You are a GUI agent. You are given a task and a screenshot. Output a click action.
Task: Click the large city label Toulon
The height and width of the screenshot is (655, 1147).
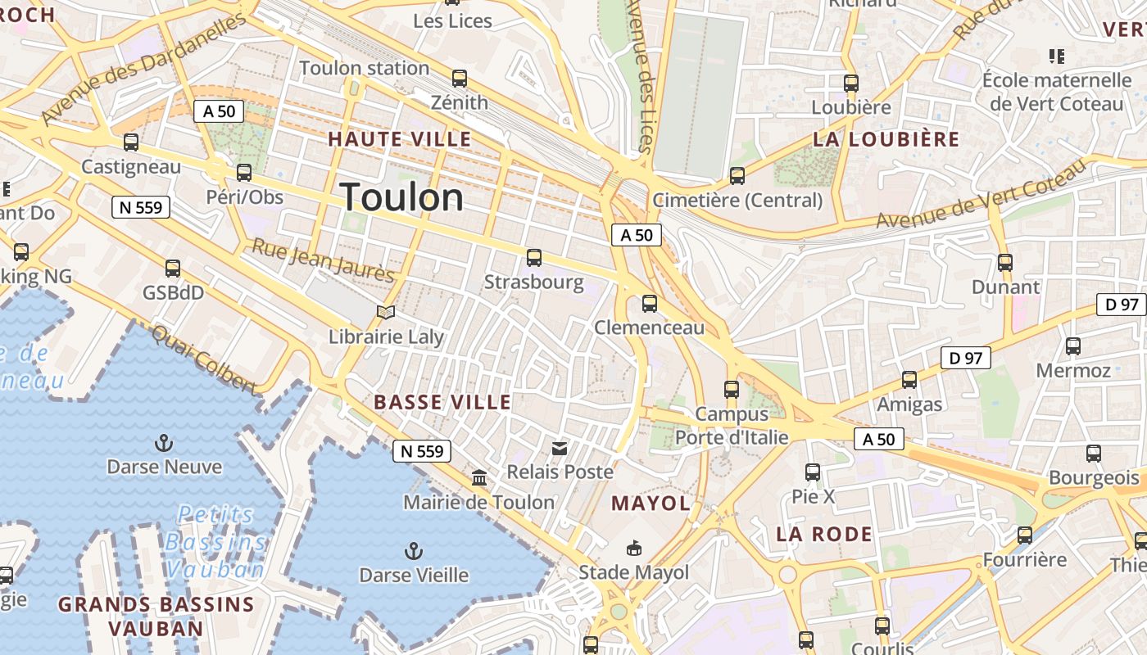click(x=401, y=197)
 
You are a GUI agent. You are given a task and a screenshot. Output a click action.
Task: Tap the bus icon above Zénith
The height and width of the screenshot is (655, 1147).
click(x=460, y=79)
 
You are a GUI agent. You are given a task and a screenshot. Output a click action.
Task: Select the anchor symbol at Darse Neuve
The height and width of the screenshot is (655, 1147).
click(x=165, y=444)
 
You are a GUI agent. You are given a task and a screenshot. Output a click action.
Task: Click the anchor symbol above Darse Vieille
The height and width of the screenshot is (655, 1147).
click(x=414, y=551)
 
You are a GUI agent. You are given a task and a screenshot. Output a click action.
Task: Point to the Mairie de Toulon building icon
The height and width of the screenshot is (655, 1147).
click(x=479, y=477)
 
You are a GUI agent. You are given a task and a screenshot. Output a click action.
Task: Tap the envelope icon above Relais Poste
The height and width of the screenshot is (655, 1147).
click(x=560, y=448)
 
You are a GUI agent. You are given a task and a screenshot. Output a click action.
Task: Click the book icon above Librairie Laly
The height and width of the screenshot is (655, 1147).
click(x=386, y=312)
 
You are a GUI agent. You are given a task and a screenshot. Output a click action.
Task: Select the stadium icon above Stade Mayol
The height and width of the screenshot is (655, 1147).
click(x=633, y=548)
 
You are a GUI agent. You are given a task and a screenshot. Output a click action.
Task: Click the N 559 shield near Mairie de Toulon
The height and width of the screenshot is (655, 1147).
click(x=422, y=451)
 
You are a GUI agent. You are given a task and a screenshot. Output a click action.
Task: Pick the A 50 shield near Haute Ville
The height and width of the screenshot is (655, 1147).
click(x=219, y=111)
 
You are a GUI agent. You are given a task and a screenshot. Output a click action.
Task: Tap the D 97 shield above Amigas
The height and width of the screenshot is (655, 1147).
click(x=966, y=358)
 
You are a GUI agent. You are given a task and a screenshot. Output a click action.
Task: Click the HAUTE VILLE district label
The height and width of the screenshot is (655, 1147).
click(x=400, y=139)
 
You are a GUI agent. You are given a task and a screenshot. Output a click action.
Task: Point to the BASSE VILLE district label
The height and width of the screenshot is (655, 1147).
click(x=442, y=402)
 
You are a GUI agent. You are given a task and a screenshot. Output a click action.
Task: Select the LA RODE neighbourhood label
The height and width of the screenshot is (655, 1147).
click(x=824, y=535)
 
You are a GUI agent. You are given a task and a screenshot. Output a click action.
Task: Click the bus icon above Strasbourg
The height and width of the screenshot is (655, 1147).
click(x=534, y=258)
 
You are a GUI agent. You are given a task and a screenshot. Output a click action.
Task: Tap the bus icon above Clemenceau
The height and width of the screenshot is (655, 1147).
click(x=650, y=304)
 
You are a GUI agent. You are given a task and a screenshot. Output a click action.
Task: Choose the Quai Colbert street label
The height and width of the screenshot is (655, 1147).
click(x=205, y=359)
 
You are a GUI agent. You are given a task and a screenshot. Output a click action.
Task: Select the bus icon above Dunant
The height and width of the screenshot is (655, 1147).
click(x=1005, y=263)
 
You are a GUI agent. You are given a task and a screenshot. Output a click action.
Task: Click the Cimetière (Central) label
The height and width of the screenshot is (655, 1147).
click(x=737, y=200)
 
